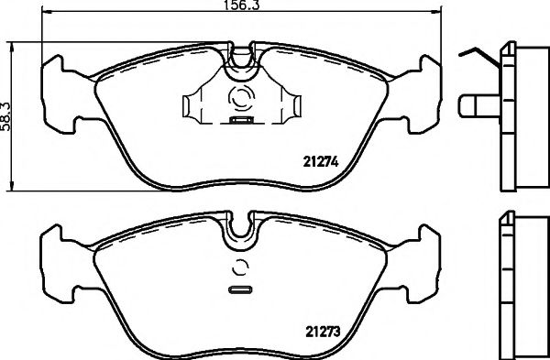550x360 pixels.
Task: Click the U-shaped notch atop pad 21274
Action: click(244, 59)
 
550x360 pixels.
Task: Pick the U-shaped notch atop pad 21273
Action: click(244, 229)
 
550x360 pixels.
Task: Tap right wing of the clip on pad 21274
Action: click(291, 106)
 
